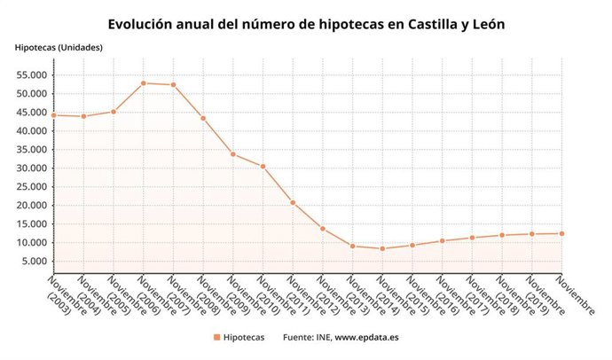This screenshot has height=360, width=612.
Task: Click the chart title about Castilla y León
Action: tap(306, 25)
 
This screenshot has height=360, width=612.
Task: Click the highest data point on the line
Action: tap(143, 82)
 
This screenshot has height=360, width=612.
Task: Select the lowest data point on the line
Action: tap(382, 248)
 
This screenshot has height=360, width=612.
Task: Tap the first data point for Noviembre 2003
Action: tap(53, 115)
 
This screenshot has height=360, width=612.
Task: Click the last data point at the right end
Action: tap(561, 233)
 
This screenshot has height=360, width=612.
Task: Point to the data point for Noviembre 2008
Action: tap(203, 118)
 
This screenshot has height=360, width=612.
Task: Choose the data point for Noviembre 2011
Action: tap(293, 202)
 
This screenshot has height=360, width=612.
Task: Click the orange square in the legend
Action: tap(217, 338)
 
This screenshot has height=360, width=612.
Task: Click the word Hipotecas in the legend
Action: tap(243, 338)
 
